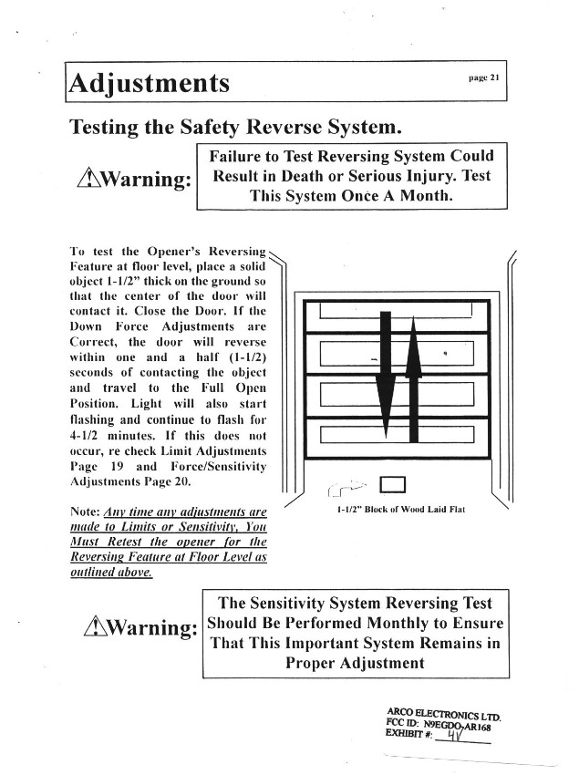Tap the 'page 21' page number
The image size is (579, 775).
(482, 78)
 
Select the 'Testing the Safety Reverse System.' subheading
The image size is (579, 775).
(235, 127)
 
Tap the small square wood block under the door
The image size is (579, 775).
(393, 483)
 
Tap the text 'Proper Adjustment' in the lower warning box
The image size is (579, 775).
(356, 663)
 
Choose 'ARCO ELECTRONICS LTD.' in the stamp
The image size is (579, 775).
(438, 713)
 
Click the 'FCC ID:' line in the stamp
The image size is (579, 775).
(401, 726)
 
